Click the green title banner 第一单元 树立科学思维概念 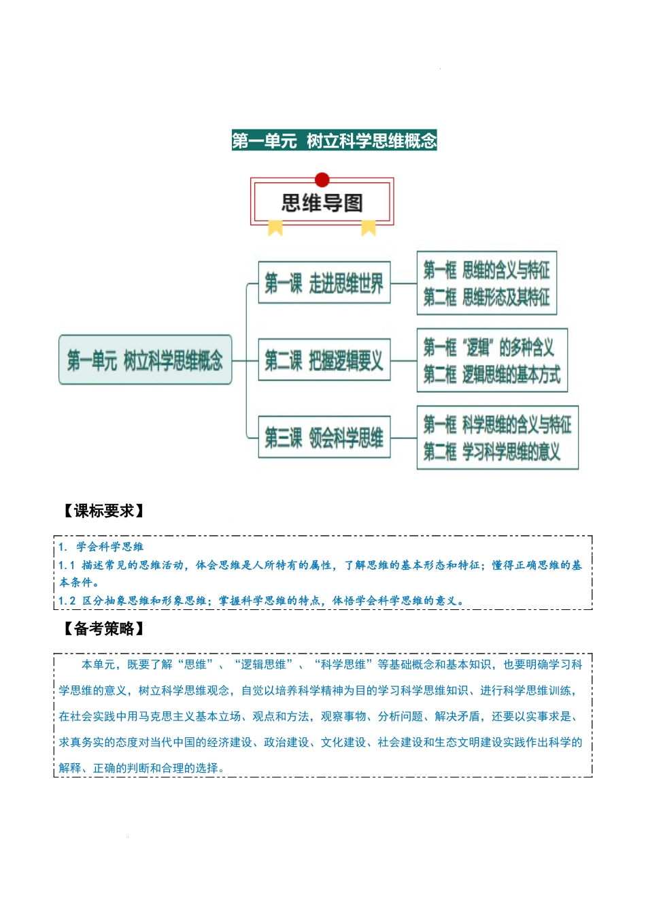pyautogui.click(x=334, y=140)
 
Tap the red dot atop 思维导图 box pyautogui.click(x=322, y=180)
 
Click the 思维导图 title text pyautogui.click(x=322, y=203)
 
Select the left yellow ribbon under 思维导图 pyautogui.click(x=275, y=227)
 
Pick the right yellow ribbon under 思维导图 pyautogui.click(x=369, y=227)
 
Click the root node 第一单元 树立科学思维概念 pyautogui.click(x=146, y=360)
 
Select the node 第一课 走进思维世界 pyautogui.click(x=324, y=283)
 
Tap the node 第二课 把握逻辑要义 pyautogui.click(x=324, y=360)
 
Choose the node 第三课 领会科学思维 pyautogui.click(x=324, y=437)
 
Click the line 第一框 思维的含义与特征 pyautogui.click(x=486, y=270)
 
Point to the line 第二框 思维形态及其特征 pyautogui.click(x=486, y=297)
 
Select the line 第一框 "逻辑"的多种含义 pyautogui.click(x=489, y=348)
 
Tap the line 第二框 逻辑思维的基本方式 pyautogui.click(x=492, y=374)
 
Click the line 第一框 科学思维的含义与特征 pyautogui.click(x=497, y=425)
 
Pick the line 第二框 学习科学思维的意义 pyautogui.click(x=492, y=451)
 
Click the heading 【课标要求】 pyautogui.click(x=103, y=511)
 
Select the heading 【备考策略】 pyautogui.click(x=103, y=629)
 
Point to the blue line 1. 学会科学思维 pyautogui.click(x=101, y=547)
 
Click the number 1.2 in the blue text pyautogui.click(x=67, y=600)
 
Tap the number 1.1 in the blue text pyautogui.click(x=67, y=565)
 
